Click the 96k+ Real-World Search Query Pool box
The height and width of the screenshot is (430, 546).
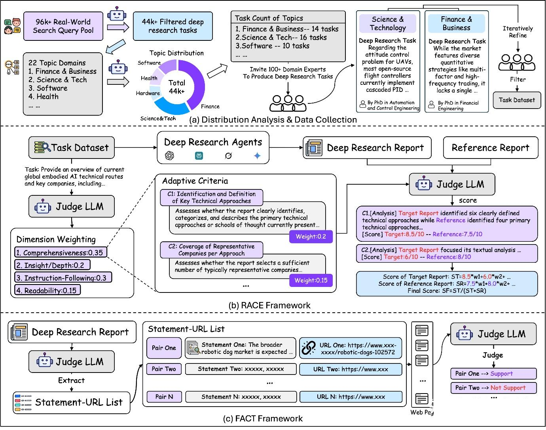[63, 26]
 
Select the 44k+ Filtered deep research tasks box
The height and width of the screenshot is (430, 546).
[173, 26]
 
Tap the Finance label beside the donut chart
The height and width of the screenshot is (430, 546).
[210, 107]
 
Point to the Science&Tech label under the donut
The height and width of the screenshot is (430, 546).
[158, 118]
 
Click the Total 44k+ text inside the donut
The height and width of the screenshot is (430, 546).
[177, 87]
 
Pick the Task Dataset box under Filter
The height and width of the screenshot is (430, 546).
[517, 100]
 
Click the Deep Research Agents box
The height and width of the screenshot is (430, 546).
[213, 148]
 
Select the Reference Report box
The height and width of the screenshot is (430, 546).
[491, 148]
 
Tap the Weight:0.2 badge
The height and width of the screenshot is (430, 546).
[311, 237]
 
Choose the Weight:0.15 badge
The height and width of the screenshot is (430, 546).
[311, 280]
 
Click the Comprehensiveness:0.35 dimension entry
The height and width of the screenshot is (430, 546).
[61, 252]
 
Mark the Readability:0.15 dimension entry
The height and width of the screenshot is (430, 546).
[47, 290]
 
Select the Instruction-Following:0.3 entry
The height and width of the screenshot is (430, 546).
[63, 277]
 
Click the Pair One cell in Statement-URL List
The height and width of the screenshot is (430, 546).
[164, 348]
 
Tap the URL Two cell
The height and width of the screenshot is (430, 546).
[351, 369]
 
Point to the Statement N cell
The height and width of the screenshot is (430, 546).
[241, 397]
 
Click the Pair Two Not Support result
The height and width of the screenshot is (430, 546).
[493, 388]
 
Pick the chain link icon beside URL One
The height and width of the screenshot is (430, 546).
[309, 348]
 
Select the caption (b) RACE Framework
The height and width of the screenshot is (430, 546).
[269, 305]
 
